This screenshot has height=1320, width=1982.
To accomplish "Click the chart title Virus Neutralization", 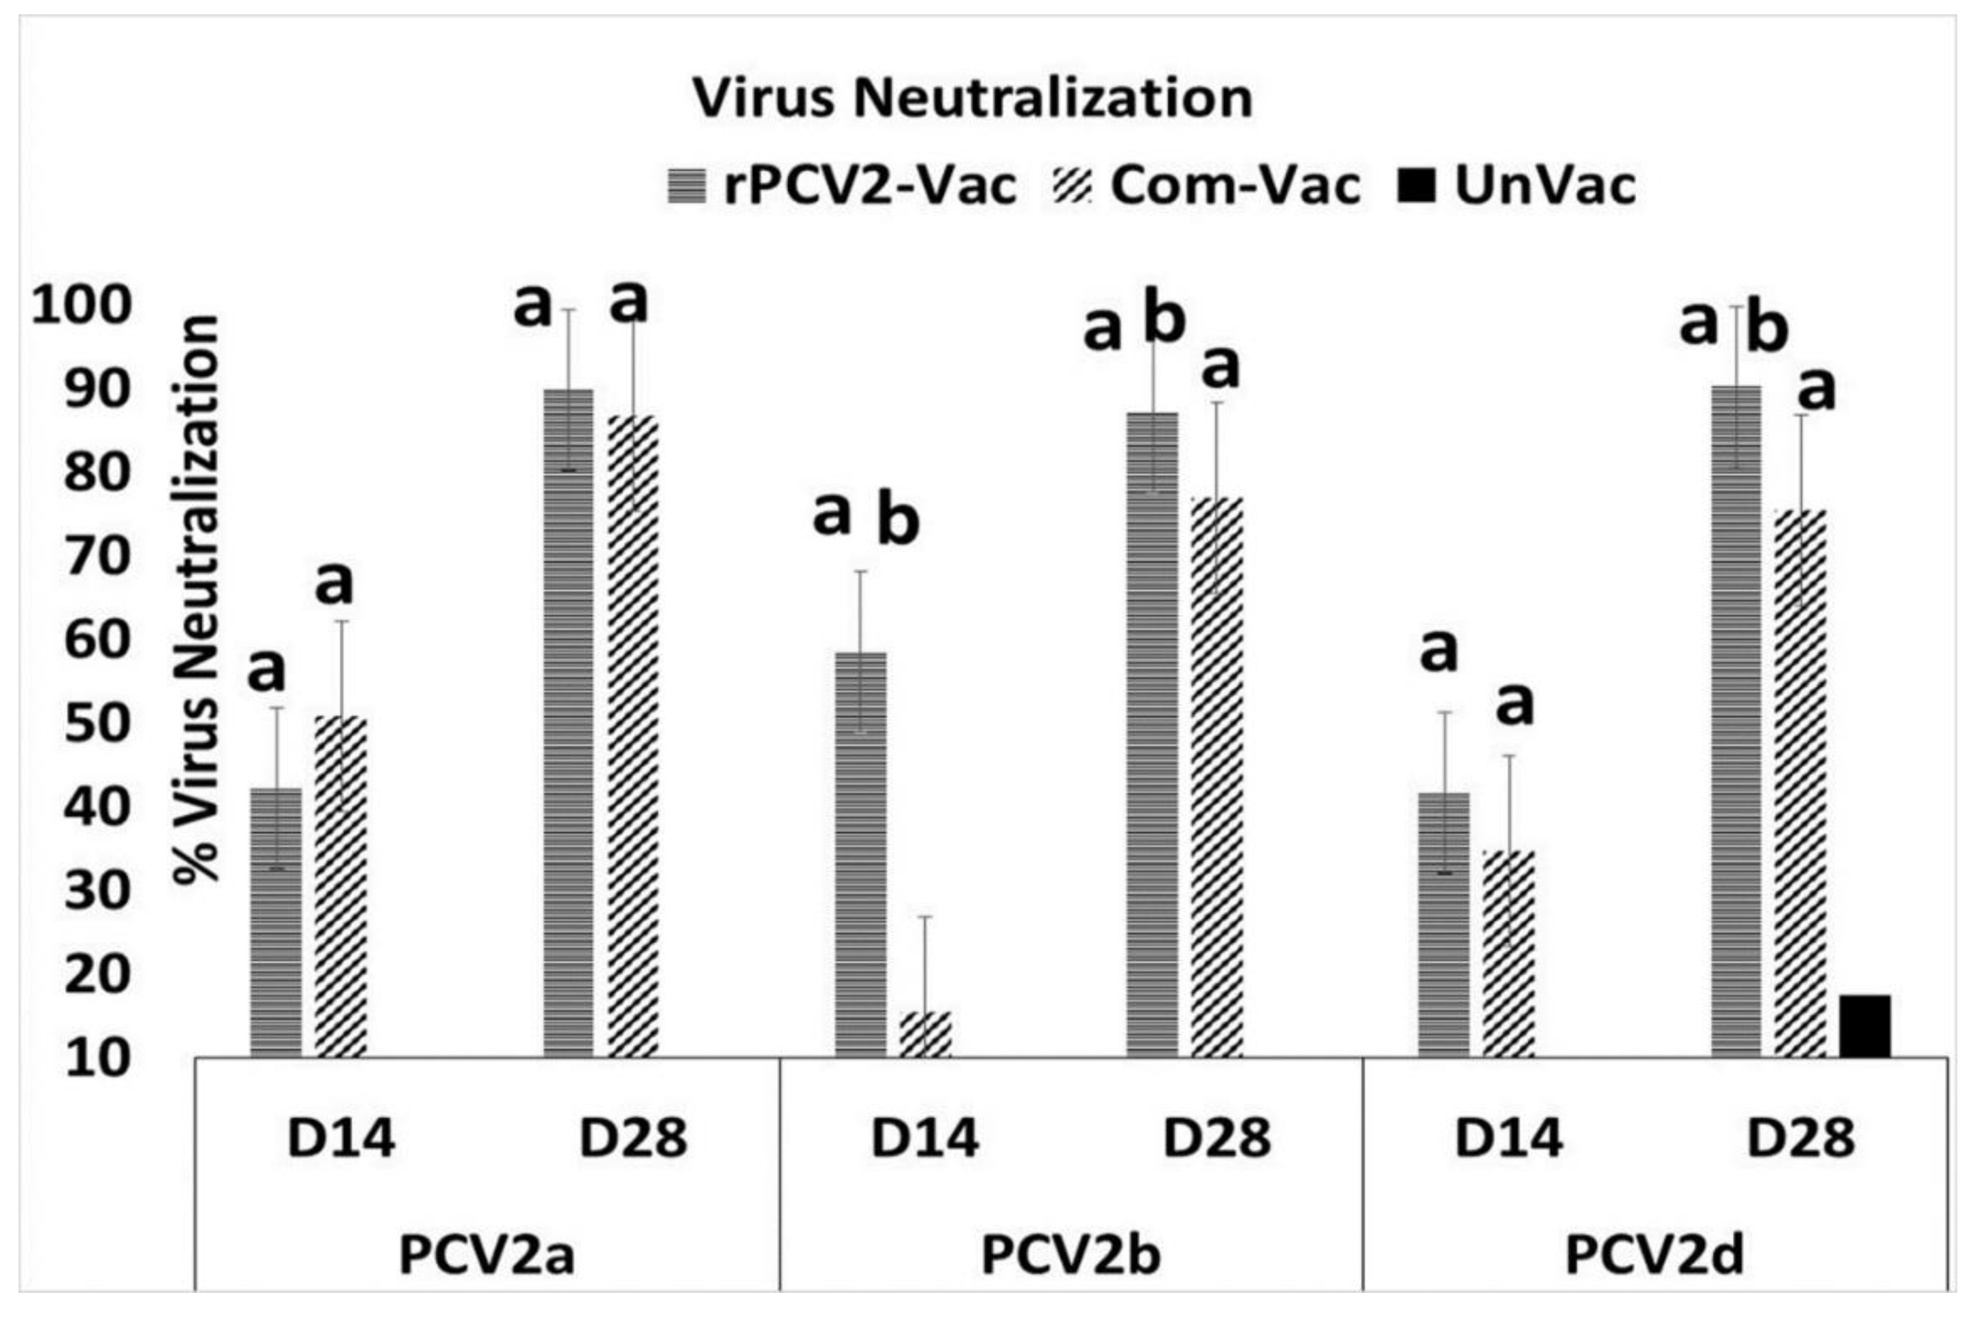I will (x=972, y=99).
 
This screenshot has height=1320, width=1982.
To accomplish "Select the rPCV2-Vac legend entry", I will (x=841, y=185).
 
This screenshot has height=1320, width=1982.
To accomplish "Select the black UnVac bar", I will (x=1864, y=1026).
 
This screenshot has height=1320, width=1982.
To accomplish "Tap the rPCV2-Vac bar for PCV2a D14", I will (x=276, y=922).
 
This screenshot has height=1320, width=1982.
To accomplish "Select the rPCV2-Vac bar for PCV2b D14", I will (x=860, y=854).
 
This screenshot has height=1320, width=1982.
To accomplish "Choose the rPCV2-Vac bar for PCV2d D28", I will (x=1735, y=721).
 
